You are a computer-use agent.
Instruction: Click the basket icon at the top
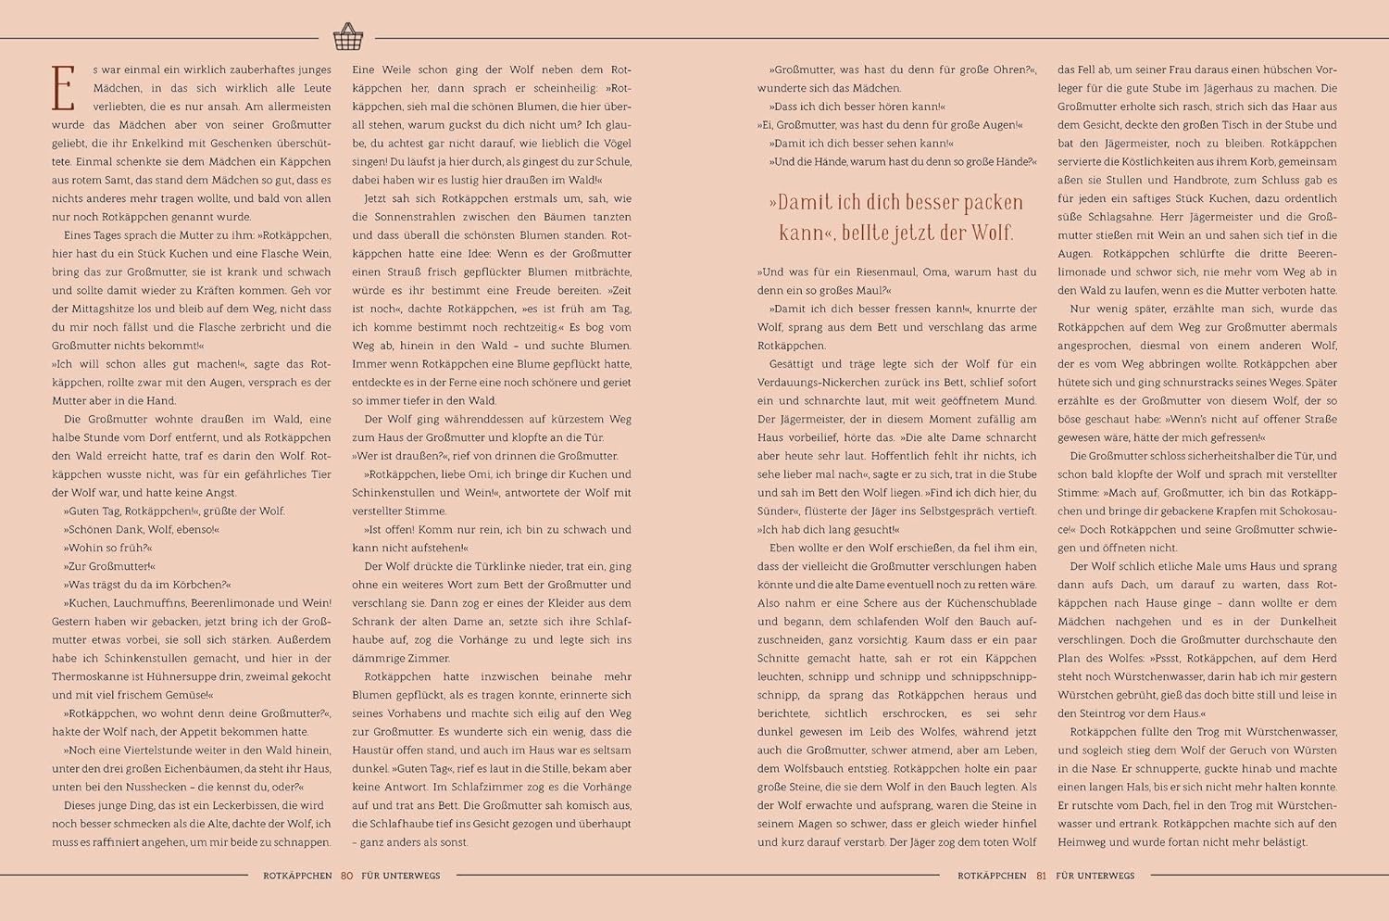[348, 37]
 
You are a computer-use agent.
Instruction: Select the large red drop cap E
[63, 89]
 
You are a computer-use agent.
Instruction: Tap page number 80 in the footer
[347, 876]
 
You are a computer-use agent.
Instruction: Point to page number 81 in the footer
[1041, 876]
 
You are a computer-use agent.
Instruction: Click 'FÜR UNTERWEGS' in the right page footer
[1095, 876]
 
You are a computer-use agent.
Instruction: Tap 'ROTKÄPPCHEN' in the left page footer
[297, 876]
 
